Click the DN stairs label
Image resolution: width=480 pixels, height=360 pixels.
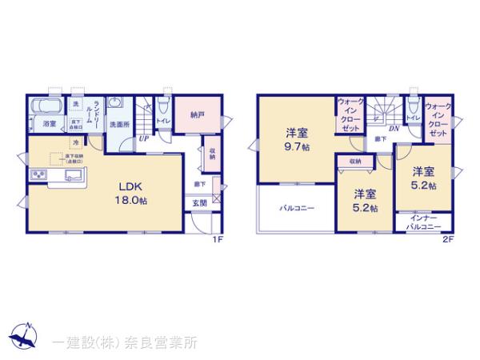394,128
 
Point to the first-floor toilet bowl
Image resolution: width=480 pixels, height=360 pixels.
162,106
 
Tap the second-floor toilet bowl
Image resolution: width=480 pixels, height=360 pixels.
413,106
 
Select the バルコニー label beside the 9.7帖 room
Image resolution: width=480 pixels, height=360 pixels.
296,209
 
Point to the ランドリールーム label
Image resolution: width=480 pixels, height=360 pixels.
96,112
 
